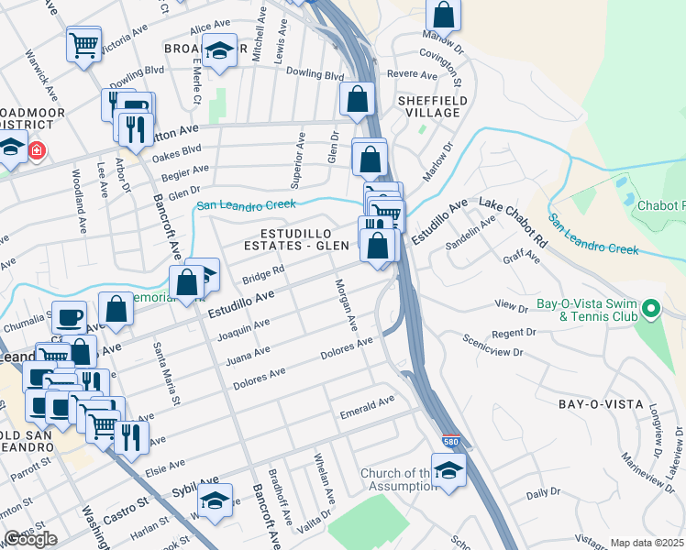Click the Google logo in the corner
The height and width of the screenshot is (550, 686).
(x=30, y=539)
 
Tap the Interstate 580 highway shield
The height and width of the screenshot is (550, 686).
(x=449, y=442)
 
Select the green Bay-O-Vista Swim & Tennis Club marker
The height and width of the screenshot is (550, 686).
(x=651, y=309)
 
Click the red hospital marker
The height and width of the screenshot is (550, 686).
(x=37, y=149)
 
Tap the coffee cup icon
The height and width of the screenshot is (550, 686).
(x=69, y=317)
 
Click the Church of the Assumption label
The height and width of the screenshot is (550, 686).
(x=397, y=479)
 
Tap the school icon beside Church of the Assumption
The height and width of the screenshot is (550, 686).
(x=448, y=470)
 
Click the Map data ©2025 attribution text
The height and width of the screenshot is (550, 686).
(x=647, y=543)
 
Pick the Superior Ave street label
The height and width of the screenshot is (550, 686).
(x=298, y=152)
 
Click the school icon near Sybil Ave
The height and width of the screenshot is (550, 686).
(x=216, y=501)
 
